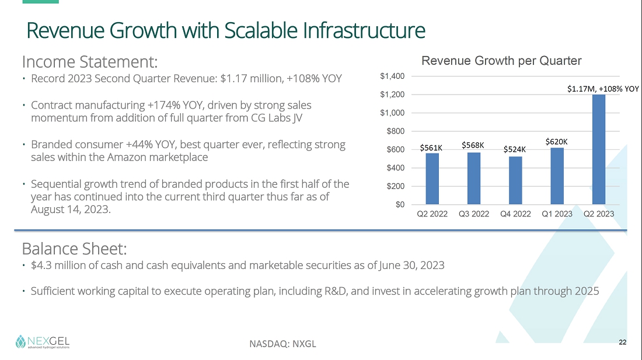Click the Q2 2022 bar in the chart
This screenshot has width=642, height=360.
point(432,179)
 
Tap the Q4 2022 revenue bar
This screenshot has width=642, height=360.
point(515,181)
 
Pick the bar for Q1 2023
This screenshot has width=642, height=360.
point(557,176)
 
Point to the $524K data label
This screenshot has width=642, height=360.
point(515,149)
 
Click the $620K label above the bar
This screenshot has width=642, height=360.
point(557,141)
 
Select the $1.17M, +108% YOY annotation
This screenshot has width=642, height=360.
point(603,89)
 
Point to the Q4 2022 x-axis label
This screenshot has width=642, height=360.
point(515,214)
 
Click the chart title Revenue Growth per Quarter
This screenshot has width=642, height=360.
point(501,61)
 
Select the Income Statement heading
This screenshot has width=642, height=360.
point(90,61)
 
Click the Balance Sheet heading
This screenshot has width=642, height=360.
point(74,249)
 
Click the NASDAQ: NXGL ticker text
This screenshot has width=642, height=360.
point(282,344)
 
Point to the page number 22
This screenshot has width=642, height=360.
point(622,342)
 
